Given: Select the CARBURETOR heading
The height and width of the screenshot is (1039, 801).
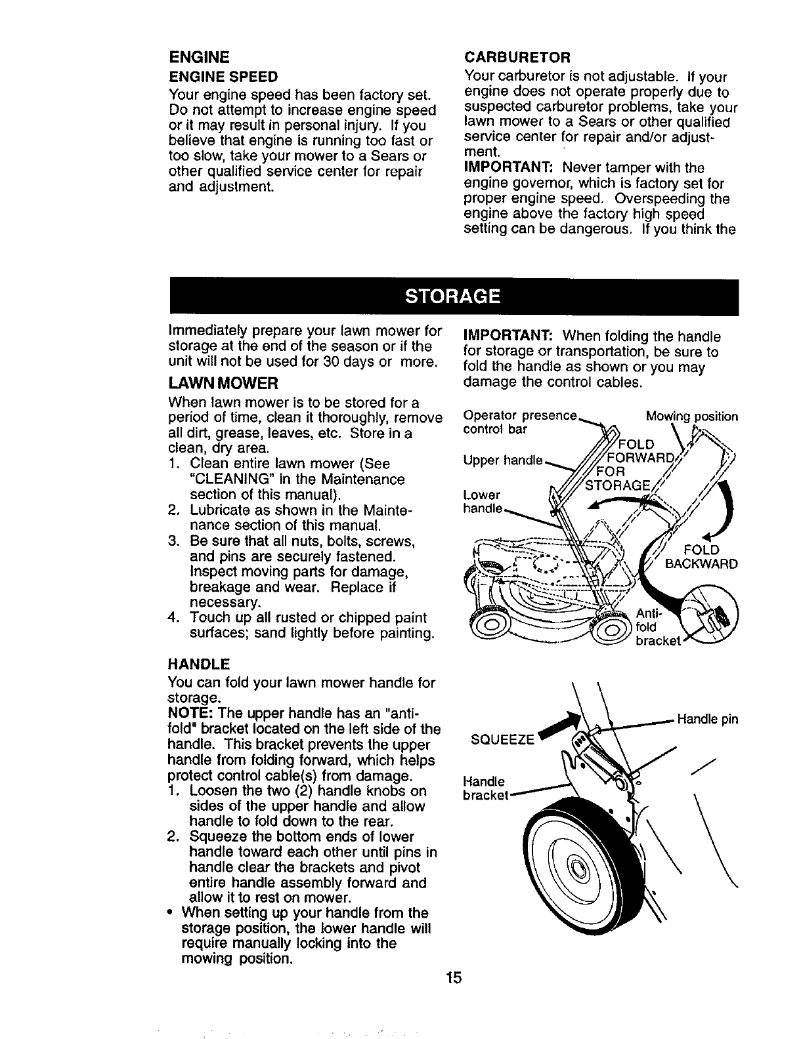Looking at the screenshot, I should (x=517, y=54).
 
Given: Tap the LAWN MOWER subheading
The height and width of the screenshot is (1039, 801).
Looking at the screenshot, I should (x=223, y=382).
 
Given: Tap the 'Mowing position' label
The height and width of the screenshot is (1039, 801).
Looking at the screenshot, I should (x=691, y=417).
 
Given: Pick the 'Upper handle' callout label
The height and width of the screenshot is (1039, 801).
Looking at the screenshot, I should (x=503, y=460).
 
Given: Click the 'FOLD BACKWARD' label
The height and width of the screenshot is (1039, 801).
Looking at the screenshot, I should (x=701, y=557).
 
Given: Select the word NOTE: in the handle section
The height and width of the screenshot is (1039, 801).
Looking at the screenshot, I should (x=191, y=713).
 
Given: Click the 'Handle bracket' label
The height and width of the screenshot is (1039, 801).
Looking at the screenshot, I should (x=484, y=788).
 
